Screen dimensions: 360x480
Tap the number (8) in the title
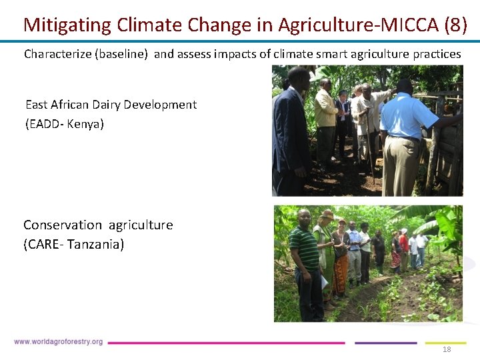pyautogui.click(x=455, y=25)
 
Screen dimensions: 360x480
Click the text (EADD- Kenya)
pyautogui.click(x=65, y=124)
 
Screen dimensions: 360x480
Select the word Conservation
pyautogui.click(x=63, y=225)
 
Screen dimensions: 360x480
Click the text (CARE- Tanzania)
pyautogui.click(x=74, y=245)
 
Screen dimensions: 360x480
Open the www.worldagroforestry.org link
pyautogui.click(x=59, y=342)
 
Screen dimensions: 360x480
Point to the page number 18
pyautogui.click(x=447, y=349)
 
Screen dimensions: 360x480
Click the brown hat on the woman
pyautogui.click(x=327, y=215)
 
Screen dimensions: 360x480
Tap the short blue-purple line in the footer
pyautogui.click(x=385, y=343)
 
